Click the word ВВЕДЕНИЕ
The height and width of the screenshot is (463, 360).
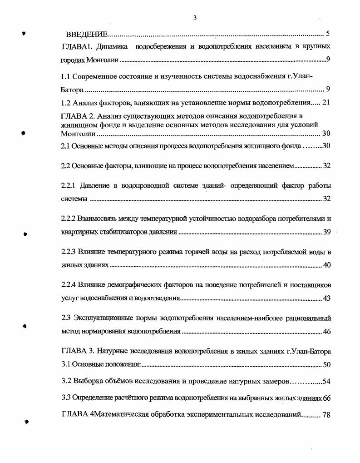pyautogui.click(x=86, y=35)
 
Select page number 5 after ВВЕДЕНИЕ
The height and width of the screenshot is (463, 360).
pyautogui.click(x=328, y=35)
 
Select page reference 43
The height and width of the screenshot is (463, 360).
pyautogui.click(x=326, y=299)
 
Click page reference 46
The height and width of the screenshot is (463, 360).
pyautogui.click(x=326, y=331)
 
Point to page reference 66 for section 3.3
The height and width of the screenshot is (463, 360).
pyautogui.click(x=326, y=398)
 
